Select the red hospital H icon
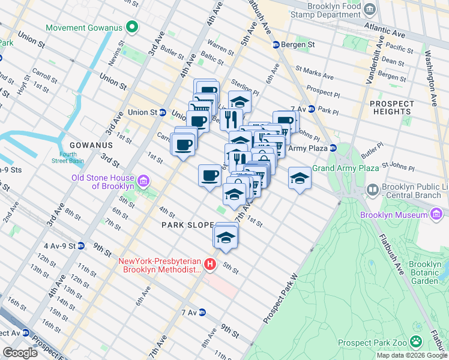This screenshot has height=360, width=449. tap(209, 264)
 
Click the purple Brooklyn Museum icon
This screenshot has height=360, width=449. tap(436, 215)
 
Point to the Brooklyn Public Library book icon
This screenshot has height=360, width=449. tap(372, 191)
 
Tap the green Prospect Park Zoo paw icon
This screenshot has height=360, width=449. tap(416, 342)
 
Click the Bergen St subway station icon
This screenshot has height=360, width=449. tap(276, 45)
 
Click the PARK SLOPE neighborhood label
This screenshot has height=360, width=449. tap(187, 225)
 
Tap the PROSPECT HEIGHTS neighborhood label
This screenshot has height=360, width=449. tap(391, 108)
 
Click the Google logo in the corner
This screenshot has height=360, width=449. tap(20, 352)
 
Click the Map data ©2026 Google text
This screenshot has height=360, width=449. tap(411, 355)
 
